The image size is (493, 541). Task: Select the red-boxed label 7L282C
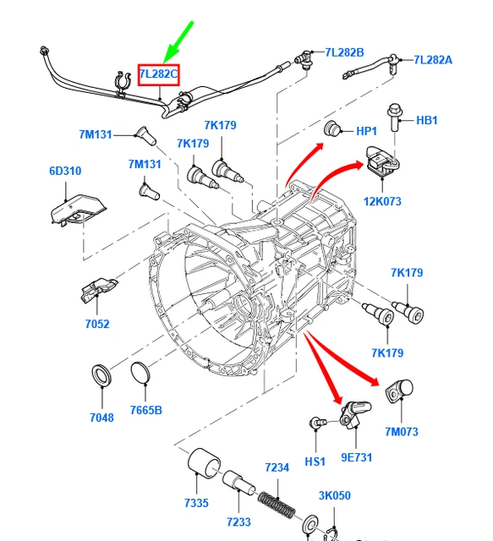pyautogui.click(x=159, y=74)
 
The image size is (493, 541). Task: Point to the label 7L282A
pyautogui.click(x=433, y=59)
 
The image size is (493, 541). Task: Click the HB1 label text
pyautogui.click(x=427, y=120)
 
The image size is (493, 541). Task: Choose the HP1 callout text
pyautogui.click(x=366, y=131)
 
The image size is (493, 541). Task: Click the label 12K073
pyautogui.click(x=382, y=201)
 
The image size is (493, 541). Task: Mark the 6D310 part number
pyautogui.click(x=65, y=171)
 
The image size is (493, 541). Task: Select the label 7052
pyautogui.click(x=97, y=323)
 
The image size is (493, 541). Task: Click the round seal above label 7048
pyautogui.click(x=102, y=374)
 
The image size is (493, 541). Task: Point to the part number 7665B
pyautogui.click(x=146, y=411)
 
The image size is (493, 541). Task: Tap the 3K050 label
pyautogui.click(x=334, y=495)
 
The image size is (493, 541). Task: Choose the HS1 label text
pyautogui.click(x=315, y=462)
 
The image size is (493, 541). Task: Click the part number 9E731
pyautogui.click(x=357, y=457)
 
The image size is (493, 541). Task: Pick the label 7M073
pyautogui.click(x=402, y=432)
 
